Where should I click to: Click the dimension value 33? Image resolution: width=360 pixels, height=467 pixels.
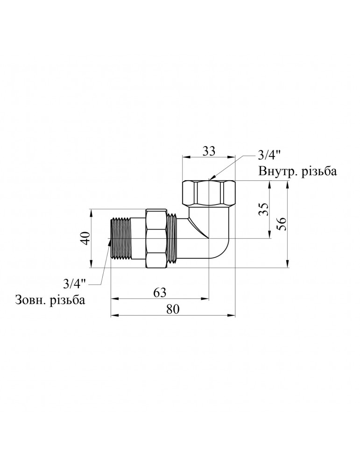pos(209,151)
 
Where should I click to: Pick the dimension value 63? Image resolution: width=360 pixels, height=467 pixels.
pos(160,292)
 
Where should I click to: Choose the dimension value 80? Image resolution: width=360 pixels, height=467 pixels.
pos(173,309)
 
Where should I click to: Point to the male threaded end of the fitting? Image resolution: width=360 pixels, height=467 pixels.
pos(120,239)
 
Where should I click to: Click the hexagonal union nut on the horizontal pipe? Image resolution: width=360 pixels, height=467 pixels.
pos(156,239)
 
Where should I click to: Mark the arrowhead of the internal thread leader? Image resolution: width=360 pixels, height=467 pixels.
pos(211,178)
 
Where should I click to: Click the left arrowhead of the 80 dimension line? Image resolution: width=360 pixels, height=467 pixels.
pos(113,316)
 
